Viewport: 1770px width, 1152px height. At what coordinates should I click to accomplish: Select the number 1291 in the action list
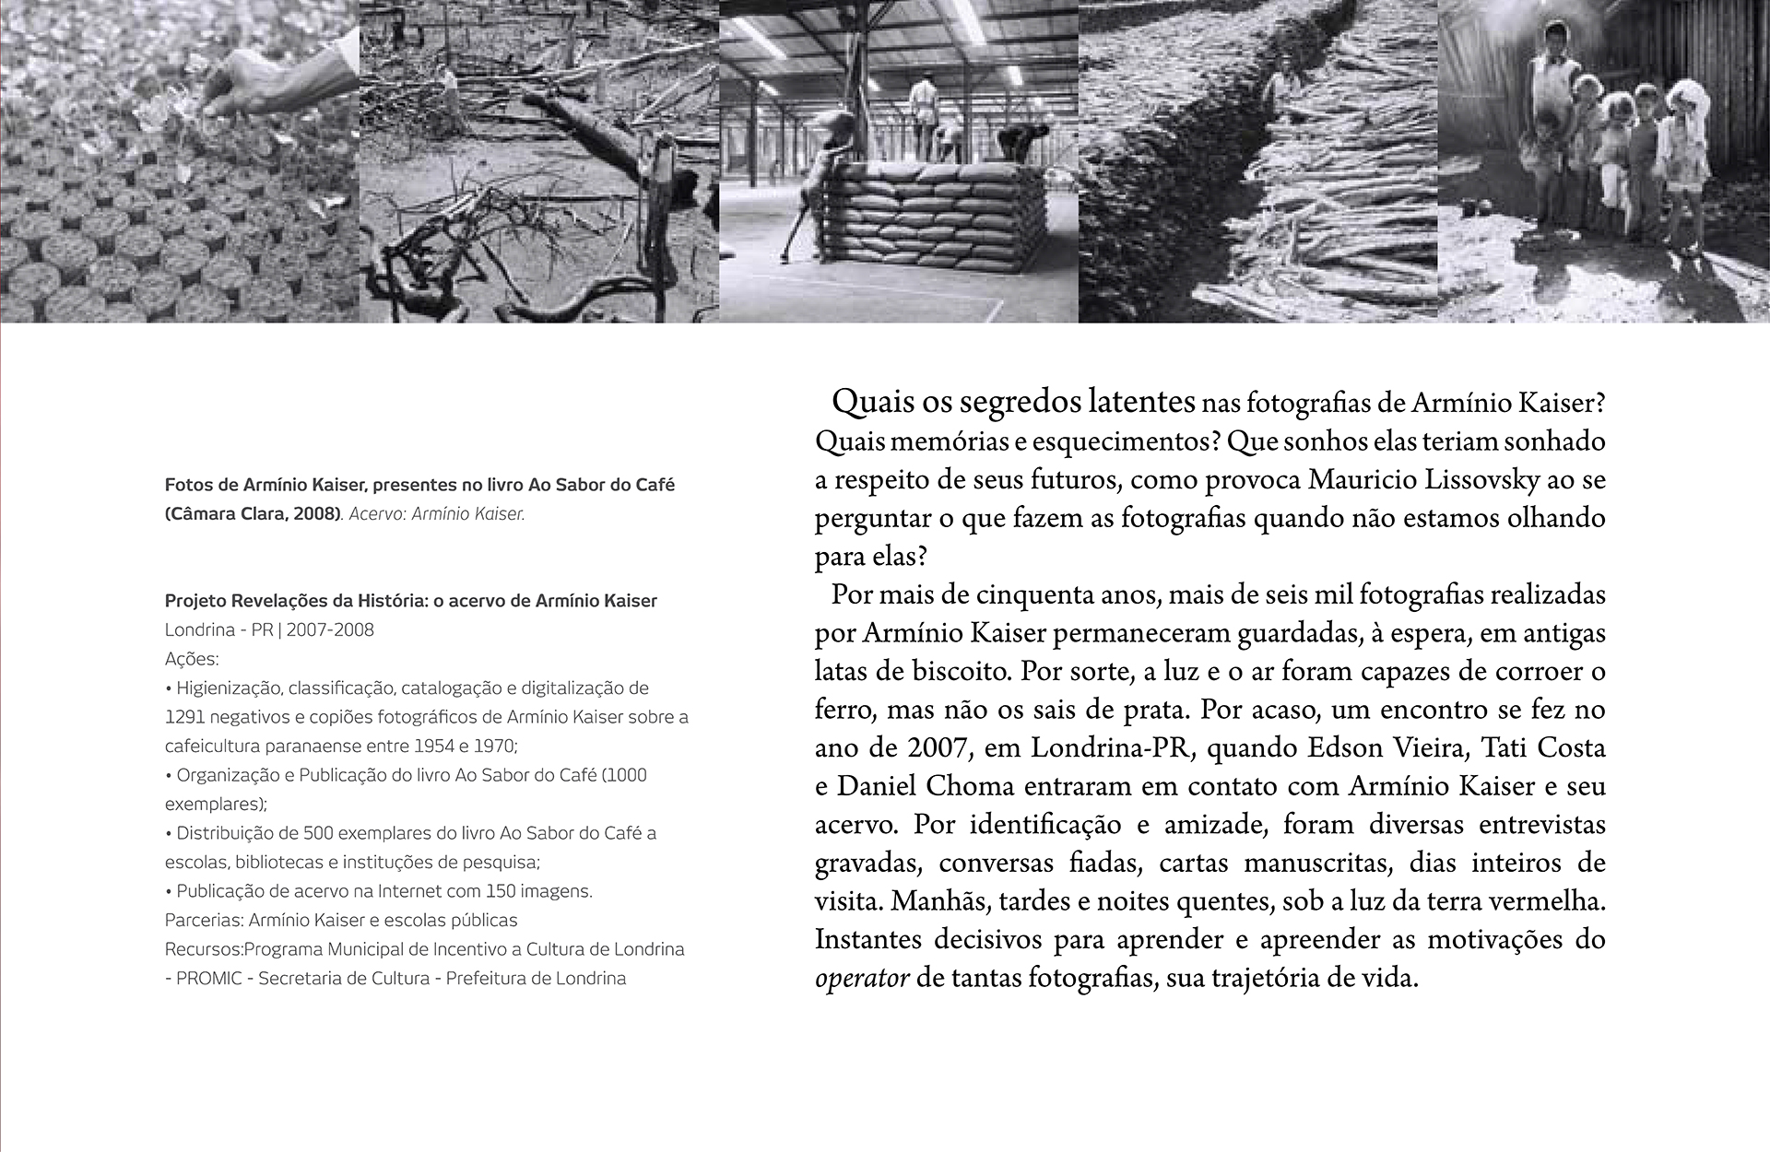click(185, 717)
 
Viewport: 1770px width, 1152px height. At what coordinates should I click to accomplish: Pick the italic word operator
click(863, 978)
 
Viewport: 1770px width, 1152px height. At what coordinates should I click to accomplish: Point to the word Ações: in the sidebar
click(192, 659)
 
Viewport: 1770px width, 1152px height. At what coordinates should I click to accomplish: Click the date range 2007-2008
click(330, 630)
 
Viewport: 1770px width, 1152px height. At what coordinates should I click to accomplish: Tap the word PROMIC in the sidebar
click(210, 978)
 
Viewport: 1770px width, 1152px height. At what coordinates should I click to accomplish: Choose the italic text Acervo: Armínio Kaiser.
click(437, 514)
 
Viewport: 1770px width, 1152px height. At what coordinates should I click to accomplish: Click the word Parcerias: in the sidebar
click(205, 920)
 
